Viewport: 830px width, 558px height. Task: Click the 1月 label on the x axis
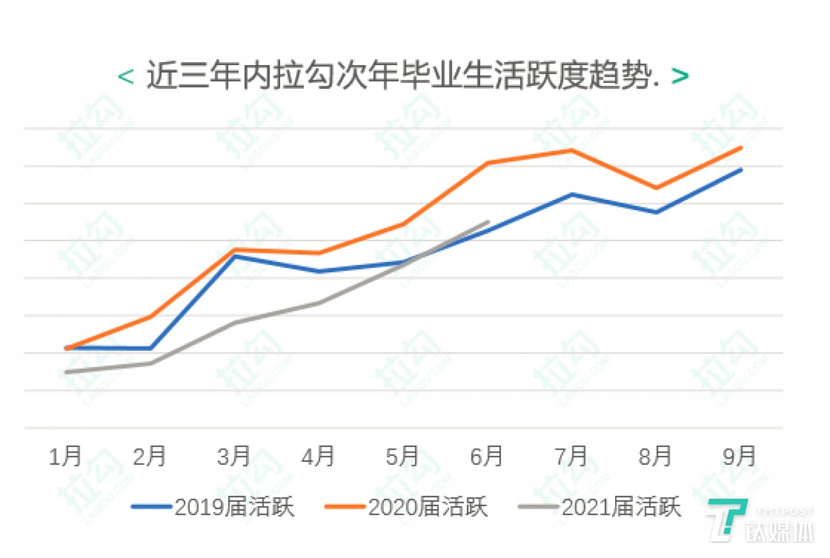coord(66,457)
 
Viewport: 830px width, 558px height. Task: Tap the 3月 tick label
coord(234,457)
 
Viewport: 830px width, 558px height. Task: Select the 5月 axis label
coord(402,457)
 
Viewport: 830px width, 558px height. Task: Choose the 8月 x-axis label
coord(655,457)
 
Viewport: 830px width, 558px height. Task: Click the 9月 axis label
coord(740,457)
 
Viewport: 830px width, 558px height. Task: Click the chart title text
coord(402,75)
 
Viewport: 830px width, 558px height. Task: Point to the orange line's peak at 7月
coord(571,150)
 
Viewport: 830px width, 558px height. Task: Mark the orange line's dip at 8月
coord(656,188)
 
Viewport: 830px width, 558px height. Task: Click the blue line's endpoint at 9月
coord(741,169)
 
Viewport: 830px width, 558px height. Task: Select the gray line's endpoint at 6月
coord(488,222)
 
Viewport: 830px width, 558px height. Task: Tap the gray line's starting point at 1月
coord(66,372)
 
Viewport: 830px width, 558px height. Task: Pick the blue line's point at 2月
coord(150,348)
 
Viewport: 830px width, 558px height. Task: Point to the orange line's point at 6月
coord(488,163)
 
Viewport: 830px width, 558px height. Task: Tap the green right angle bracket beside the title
coord(680,76)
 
